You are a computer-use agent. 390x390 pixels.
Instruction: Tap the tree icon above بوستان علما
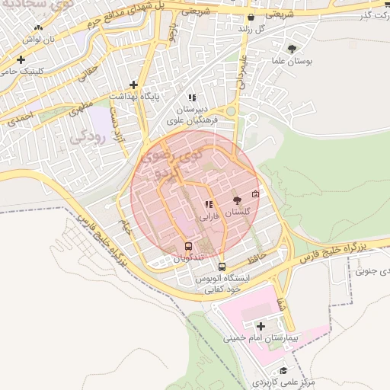click(292, 49)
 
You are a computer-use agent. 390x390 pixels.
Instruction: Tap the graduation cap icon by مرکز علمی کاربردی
click(284, 370)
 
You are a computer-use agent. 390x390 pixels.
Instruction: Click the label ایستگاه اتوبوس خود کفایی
click(222, 284)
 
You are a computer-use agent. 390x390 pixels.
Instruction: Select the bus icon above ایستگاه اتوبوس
click(222, 267)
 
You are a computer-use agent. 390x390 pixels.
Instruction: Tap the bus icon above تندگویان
click(188, 246)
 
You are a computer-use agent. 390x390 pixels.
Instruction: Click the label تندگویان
click(188, 258)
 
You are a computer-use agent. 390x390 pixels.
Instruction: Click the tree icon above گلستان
click(237, 200)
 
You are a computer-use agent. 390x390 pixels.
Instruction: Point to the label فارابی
click(209, 216)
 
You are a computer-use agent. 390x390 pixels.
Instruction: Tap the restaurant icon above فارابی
click(209, 204)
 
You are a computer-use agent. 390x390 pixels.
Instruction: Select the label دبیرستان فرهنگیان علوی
click(193, 115)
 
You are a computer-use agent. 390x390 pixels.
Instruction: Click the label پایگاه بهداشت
click(133, 97)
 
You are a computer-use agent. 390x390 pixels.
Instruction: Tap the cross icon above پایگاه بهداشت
click(134, 85)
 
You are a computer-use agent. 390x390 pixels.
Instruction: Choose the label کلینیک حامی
click(20, 71)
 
